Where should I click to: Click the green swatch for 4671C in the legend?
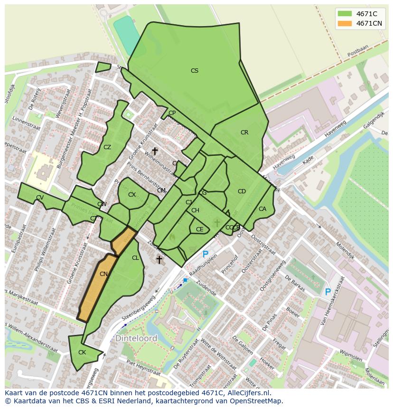[344, 14]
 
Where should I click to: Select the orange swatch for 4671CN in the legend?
[344, 23]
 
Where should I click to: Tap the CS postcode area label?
[194, 71]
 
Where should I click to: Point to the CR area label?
[244, 133]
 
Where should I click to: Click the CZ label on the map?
[107, 147]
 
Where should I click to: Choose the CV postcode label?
[40, 198]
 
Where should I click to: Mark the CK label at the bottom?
[82, 352]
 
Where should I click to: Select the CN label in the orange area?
[104, 274]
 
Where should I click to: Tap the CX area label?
[132, 195]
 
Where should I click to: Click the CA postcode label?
[262, 209]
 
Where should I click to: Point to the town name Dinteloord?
[136, 339]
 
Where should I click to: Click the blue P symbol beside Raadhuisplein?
[206, 255]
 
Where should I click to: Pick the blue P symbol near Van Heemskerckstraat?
[327, 292]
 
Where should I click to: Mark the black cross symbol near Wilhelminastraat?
[155, 151]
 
